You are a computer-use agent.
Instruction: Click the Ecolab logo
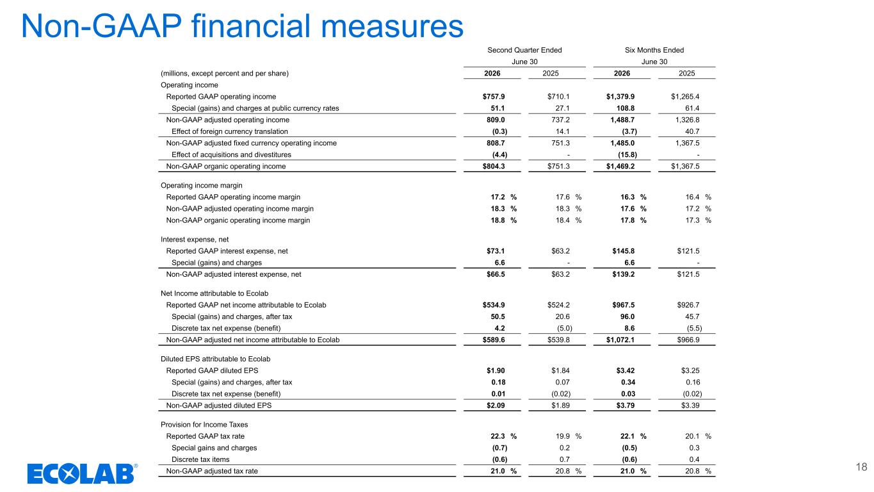(82, 473)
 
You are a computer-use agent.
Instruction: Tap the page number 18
(861, 467)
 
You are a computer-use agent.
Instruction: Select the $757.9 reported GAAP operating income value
(494, 97)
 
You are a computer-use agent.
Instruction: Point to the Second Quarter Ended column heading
(524, 50)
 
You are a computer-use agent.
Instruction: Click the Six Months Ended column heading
(654, 50)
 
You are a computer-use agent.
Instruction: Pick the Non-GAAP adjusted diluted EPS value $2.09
(496, 406)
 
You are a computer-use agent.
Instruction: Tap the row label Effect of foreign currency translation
(230, 131)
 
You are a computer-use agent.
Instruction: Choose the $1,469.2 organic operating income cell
(620, 167)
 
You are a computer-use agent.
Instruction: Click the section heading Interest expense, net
(195, 240)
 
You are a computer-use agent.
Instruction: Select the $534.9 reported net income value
(494, 305)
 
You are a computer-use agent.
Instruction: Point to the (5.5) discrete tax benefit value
(695, 329)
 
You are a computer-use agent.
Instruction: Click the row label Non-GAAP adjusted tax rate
(212, 471)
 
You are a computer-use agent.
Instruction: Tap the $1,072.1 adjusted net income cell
(620, 340)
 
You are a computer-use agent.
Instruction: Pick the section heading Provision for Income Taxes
(204, 425)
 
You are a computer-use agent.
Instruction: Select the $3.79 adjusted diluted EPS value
(626, 406)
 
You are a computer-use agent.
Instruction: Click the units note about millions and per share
(225, 74)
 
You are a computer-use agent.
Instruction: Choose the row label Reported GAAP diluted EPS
(213, 370)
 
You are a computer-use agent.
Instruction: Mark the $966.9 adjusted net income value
(688, 340)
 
